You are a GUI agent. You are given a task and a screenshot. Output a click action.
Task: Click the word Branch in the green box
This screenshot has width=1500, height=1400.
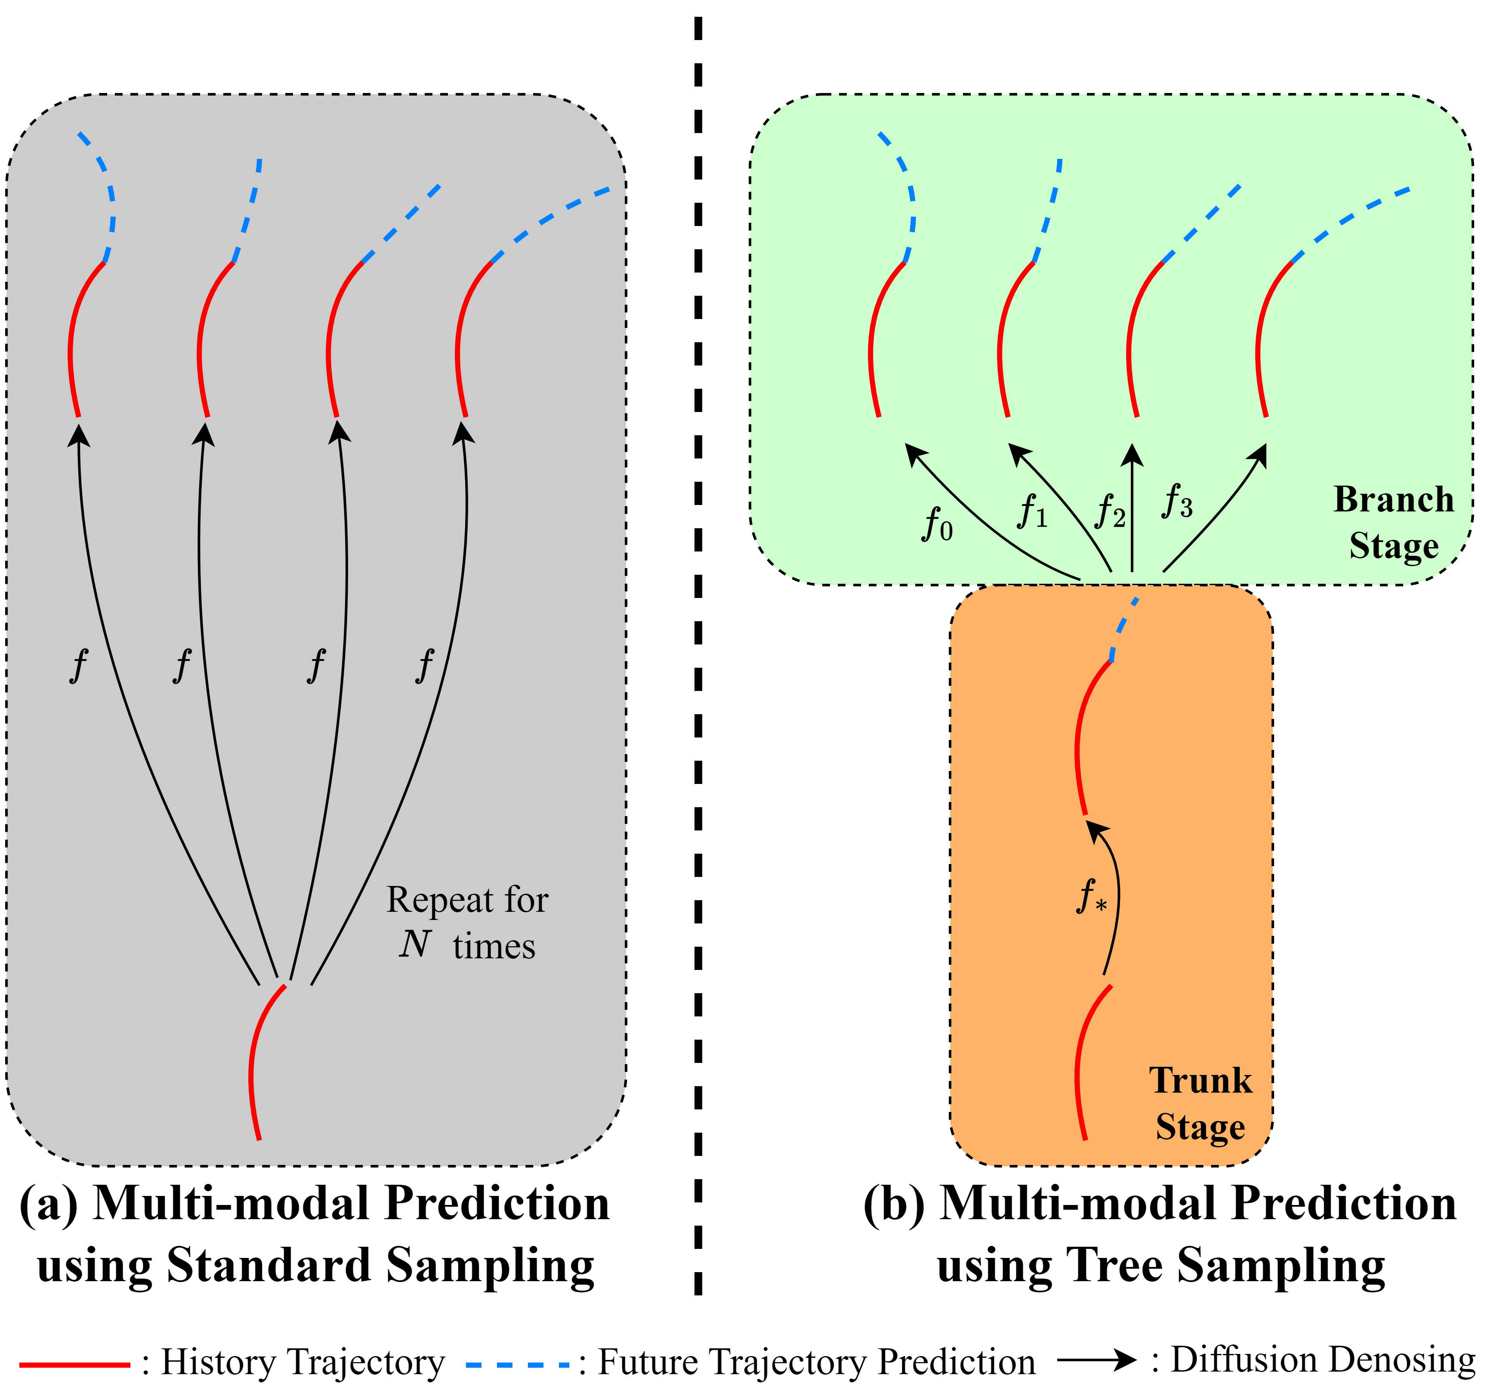(x=1393, y=500)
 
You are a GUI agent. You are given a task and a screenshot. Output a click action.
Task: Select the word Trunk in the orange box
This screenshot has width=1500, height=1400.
(x=1200, y=1081)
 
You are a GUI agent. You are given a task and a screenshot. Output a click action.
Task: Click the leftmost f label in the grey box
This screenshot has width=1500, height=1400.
(x=78, y=666)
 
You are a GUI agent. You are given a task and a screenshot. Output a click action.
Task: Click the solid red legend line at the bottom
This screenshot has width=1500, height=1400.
(x=75, y=1365)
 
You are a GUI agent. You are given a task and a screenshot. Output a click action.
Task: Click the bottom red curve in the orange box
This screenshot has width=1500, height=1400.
(x=1079, y=1064)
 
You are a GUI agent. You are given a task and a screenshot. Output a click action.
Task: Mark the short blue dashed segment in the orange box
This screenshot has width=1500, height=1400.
(x=1123, y=626)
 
